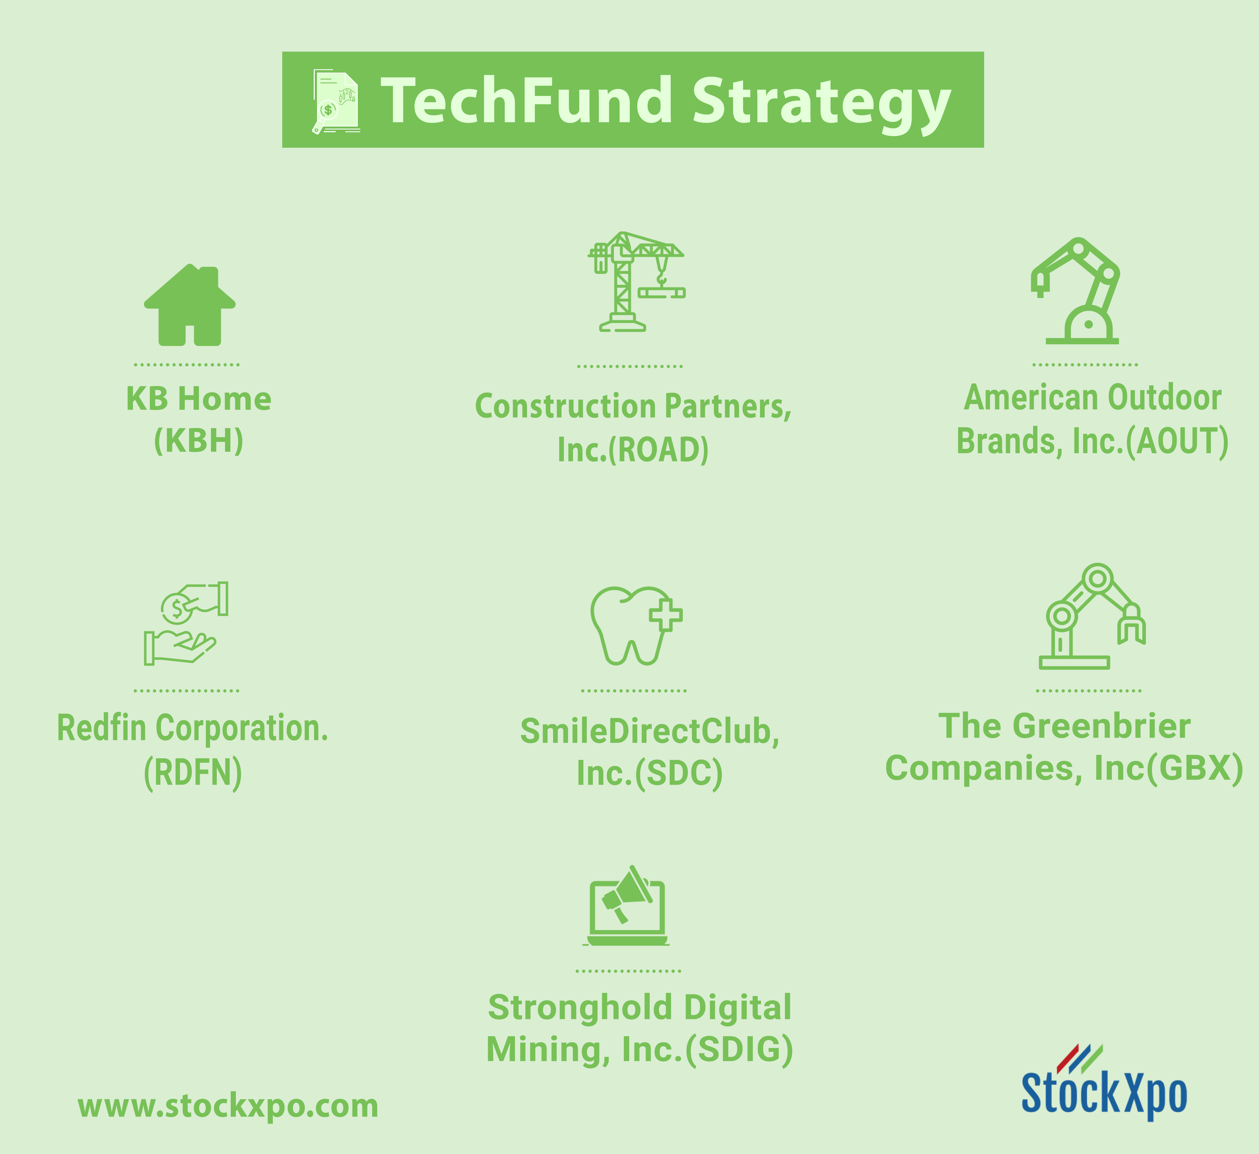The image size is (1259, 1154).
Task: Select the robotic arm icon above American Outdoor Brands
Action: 1075,291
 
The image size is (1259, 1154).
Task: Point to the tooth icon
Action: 636,626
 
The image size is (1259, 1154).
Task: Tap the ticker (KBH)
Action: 199,441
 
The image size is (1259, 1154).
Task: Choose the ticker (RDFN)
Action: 193,773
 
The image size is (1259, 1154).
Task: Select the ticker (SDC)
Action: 679,773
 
